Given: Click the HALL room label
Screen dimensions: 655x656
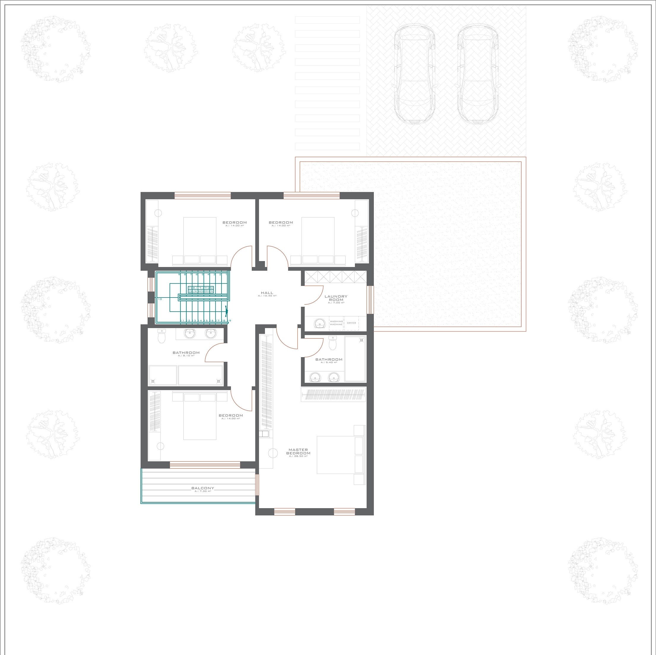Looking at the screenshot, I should pos(267,293).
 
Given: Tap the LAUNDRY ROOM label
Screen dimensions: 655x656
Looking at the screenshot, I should pos(336,298).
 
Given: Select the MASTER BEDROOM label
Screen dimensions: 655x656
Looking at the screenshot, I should pos(298,451).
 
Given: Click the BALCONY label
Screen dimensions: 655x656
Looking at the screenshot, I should pos(203,488).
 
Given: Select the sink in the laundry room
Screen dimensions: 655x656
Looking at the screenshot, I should pos(320,323).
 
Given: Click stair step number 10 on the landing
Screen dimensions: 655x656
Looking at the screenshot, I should pos(160,299).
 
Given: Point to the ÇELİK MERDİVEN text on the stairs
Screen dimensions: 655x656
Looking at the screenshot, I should pos(200,291).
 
